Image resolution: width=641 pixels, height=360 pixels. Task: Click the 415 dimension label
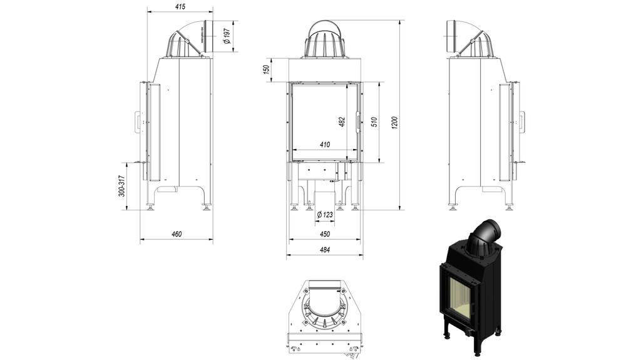click(x=180, y=7)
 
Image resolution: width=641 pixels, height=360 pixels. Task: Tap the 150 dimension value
click(x=267, y=69)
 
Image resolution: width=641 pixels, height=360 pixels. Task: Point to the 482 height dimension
click(x=342, y=121)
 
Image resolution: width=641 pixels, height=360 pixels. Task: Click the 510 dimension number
click(x=374, y=121)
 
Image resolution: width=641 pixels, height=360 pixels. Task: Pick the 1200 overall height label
click(x=394, y=123)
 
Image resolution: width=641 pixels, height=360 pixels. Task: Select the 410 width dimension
click(x=325, y=145)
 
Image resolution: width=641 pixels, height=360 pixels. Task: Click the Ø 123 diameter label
click(x=325, y=215)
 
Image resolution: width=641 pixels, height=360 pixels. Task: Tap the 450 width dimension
click(x=325, y=234)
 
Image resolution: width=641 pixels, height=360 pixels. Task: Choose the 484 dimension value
click(x=324, y=250)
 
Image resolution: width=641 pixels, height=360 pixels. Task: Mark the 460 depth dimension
click(x=177, y=234)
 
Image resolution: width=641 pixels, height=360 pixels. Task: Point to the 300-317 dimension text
click(x=123, y=186)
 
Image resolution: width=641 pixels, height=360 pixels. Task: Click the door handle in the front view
click(x=358, y=121)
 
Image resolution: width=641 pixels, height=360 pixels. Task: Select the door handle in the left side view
click(x=138, y=121)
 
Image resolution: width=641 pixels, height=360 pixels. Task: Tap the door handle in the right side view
click(x=521, y=121)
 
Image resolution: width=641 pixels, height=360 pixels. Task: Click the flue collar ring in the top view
click(x=324, y=311)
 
